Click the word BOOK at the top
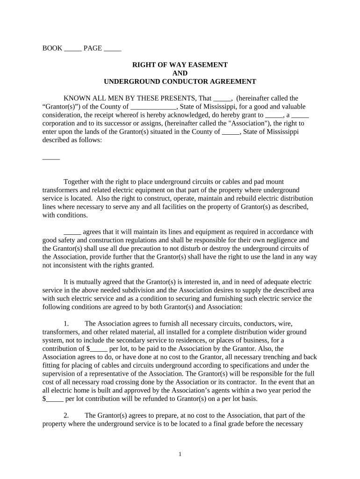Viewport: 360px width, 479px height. pos(52,48)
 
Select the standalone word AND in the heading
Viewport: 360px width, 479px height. pos(180,73)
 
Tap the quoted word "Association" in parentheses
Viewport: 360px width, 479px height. pos(246,123)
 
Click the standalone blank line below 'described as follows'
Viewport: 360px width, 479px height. pos(51,158)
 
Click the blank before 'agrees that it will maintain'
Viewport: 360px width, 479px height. pos(72,232)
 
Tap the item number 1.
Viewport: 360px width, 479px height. pos(66,323)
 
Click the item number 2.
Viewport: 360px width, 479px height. pos(66,415)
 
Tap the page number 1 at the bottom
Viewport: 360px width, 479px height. pos(180,454)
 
